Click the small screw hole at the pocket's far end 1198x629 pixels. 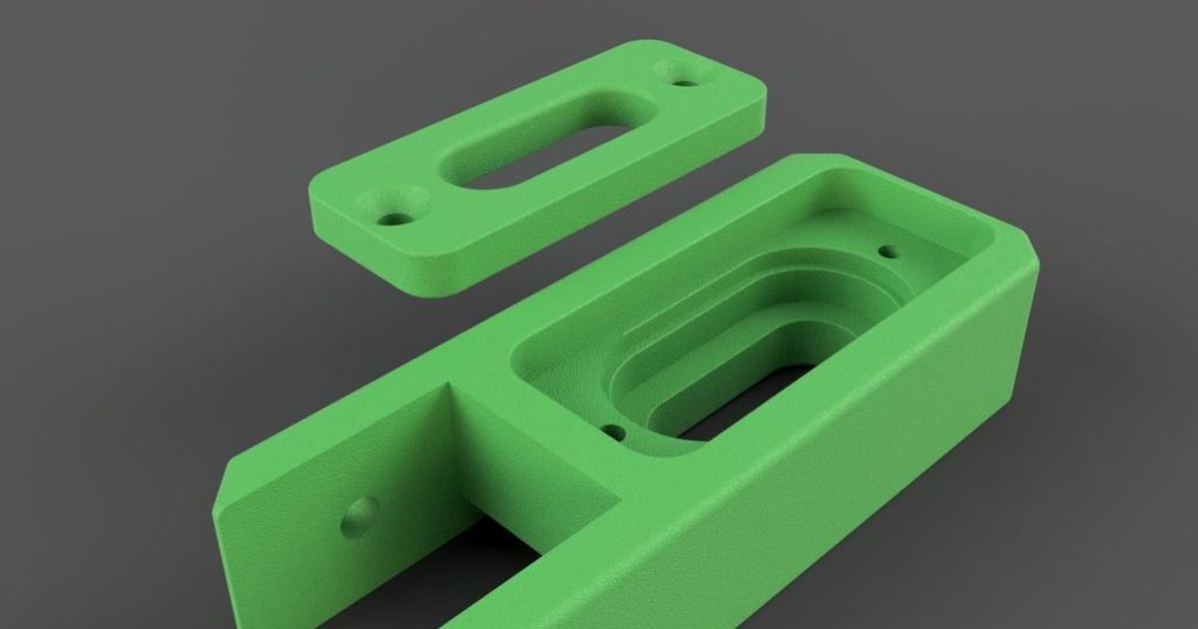click(x=884, y=251)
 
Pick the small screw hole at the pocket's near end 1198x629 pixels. click(x=615, y=433)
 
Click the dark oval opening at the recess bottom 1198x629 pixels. click(x=759, y=409)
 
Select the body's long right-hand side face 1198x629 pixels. click(x=849, y=449)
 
